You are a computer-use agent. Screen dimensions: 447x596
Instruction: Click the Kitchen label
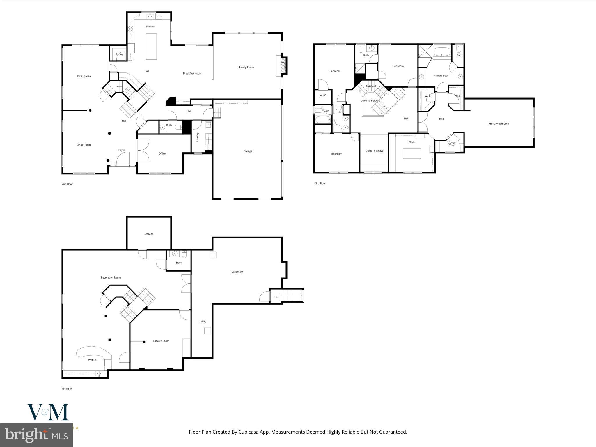click(x=150, y=26)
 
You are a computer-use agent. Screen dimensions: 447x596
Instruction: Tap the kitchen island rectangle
click(x=151, y=47)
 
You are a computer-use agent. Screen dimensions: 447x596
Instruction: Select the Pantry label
click(x=120, y=54)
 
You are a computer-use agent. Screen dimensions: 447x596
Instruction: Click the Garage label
click(x=248, y=151)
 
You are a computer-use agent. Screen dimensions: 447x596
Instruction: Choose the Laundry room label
click(x=198, y=137)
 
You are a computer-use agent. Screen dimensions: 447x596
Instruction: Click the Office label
click(x=162, y=154)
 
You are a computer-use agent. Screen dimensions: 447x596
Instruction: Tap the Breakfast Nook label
click(x=192, y=74)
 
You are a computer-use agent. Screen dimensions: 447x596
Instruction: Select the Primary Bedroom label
click(x=499, y=124)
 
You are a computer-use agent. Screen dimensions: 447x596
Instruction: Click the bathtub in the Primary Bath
click(x=442, y=53)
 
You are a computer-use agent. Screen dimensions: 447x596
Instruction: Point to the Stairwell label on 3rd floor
click(x=371, y=86)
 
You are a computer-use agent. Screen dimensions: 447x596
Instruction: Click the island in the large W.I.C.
click(x=411, y=153)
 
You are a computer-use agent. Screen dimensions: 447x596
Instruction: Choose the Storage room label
click(x=149, y=234)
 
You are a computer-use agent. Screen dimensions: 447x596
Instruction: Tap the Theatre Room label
click(x=161, y=341)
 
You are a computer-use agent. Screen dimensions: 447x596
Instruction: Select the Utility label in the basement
click(x=203, y=322)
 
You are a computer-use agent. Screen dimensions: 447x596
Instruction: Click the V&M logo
click(x=48, y=412)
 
